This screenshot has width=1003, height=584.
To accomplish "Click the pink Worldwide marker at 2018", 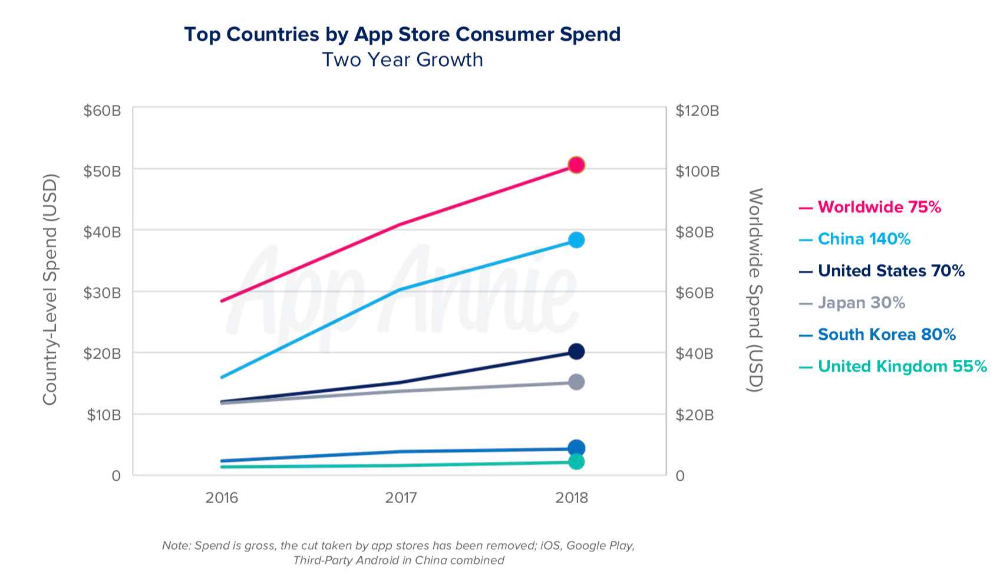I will click(x=576, y=165).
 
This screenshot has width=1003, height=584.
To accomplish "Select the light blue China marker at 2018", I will click(x=576, y=239).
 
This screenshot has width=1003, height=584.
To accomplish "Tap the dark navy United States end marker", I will click(x=576, y=352).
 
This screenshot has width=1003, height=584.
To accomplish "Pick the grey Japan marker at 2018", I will click(x=576, y=382).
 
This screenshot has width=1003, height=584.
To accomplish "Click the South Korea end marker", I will click(x=576, y=448).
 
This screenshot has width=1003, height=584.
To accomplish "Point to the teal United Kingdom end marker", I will click(x=576, y=461).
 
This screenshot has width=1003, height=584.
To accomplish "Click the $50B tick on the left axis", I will click(x=102, y=171).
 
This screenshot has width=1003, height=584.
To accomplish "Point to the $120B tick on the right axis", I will click(x=697, y=111).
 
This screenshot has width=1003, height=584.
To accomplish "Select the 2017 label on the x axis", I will click(x=401, y=498).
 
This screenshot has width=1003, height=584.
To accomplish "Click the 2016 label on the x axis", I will click(x=222, y=498).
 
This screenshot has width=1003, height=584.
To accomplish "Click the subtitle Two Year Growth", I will click(x=402, y=60).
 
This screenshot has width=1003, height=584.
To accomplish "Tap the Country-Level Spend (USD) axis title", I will click(x=51, y=289).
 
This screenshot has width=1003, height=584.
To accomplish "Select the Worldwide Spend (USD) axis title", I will click(x=755, y=289).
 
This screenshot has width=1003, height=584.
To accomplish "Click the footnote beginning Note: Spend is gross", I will click(x=398, y=553).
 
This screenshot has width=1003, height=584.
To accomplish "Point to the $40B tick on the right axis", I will click(x=694, y=353).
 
